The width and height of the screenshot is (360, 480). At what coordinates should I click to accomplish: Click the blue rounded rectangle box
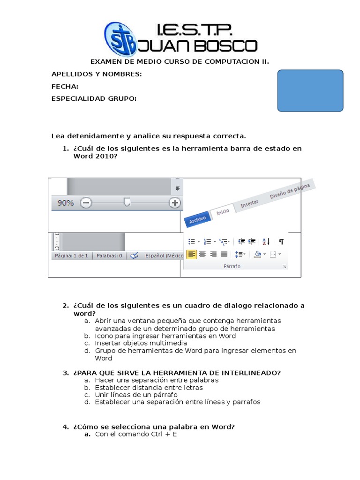[x=310, y=90]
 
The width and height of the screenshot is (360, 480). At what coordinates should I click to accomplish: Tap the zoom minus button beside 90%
[x=86, y=202]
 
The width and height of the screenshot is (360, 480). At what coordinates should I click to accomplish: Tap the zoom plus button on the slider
[x=175, y=202]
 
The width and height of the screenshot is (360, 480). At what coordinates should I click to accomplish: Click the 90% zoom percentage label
[x=65, y=203]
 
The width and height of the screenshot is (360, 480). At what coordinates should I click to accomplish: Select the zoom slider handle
[x=126, y=202]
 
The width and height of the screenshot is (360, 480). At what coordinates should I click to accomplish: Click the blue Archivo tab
[x=197, y=219]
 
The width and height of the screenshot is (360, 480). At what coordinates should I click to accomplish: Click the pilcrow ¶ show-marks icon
[x=281, y=241]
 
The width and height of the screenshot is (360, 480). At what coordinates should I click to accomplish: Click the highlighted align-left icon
[x=191, y=254]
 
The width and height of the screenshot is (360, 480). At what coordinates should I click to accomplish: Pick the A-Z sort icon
[x=266, y=241]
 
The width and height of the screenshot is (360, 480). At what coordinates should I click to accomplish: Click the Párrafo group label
[x=232, y=266]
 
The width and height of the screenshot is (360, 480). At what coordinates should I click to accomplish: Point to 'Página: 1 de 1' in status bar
[x=71, y=256]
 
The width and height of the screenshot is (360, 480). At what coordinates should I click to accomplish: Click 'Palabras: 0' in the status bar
[x=109, y=256]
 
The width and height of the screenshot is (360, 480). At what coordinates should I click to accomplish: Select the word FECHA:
[x=65, y=87]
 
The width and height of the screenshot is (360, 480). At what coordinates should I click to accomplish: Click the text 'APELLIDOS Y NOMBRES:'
[x=97, y=75]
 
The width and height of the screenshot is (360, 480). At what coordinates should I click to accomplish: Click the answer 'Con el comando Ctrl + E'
[x=136, y=434]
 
